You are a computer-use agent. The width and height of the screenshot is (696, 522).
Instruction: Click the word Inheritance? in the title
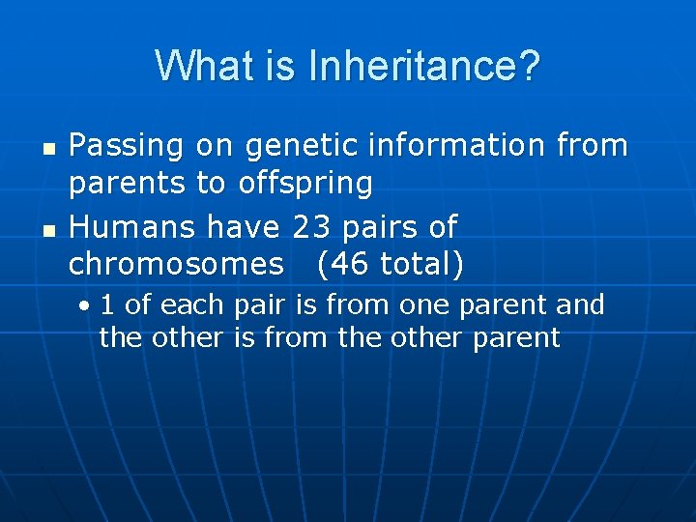tap(424, 67)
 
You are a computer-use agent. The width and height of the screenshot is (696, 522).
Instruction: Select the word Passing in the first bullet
tap(127, 147)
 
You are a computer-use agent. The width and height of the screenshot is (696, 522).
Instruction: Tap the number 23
tap(310, 227)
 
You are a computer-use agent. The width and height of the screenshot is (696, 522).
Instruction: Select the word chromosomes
tap(177, 263)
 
